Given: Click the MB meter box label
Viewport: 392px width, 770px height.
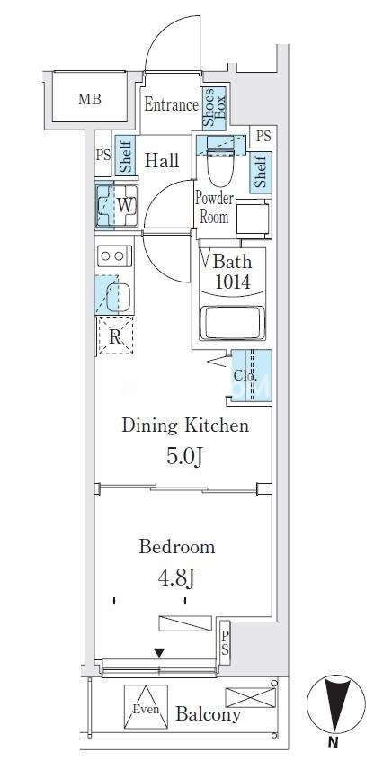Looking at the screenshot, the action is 90,100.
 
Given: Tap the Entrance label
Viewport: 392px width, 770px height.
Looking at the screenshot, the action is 171,104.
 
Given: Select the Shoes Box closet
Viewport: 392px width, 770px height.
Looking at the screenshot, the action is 214,108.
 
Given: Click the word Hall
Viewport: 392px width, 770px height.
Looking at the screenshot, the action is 163,161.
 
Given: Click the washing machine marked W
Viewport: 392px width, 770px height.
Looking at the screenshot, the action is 117,205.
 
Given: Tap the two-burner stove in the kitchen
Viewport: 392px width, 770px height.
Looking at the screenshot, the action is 114,255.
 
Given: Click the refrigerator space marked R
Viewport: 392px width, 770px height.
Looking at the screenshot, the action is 115,336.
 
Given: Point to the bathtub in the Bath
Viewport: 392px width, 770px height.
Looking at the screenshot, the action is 233,323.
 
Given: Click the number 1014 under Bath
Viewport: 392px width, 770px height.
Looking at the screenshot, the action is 232,282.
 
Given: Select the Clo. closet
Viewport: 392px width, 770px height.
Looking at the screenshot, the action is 251,375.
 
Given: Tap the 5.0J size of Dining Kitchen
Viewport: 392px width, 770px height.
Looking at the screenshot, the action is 184,457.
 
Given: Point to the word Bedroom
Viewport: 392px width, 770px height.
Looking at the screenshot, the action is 176,547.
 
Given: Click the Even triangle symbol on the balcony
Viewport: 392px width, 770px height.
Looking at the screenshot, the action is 146,707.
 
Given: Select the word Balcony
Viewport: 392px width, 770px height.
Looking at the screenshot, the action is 209,714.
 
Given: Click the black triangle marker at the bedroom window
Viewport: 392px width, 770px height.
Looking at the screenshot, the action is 159,652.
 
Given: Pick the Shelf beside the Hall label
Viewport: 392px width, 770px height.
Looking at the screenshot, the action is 124,157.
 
